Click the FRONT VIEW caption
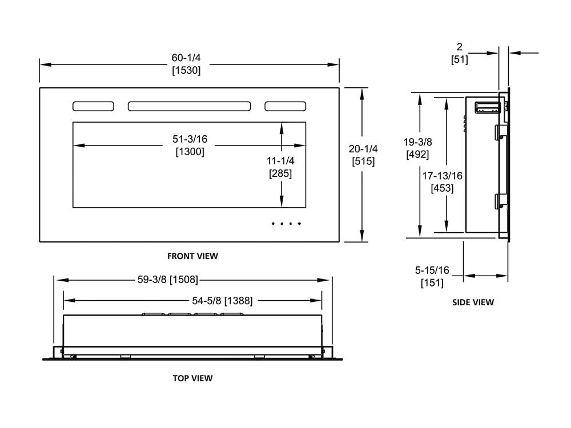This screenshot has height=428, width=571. [x=192, y=256]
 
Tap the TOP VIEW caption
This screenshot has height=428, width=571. [x=192, y=378]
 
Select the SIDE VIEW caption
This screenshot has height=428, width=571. [x=473, y=302]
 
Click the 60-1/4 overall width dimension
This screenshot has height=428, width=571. [x=186, y=58]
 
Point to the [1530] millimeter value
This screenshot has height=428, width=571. [x=186, y=71]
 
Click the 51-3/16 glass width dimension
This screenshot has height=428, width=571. [x=190, y=139]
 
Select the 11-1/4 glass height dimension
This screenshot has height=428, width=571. [x=280, y=161]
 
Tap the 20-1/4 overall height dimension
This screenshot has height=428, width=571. [x=363, y=148]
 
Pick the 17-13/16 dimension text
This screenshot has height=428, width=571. [x=443, y=176]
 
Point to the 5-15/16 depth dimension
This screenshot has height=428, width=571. [x=432, y=270]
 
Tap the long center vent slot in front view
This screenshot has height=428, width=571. [x=189, y=106]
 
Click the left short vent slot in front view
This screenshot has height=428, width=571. [x=93, y=106]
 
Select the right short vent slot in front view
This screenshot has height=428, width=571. [x=285, y=106]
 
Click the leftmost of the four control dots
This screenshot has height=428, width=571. [x=273, y=223]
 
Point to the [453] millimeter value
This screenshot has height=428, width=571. [x=443, y=188]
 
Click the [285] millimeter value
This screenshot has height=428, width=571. [x=280, y=174]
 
